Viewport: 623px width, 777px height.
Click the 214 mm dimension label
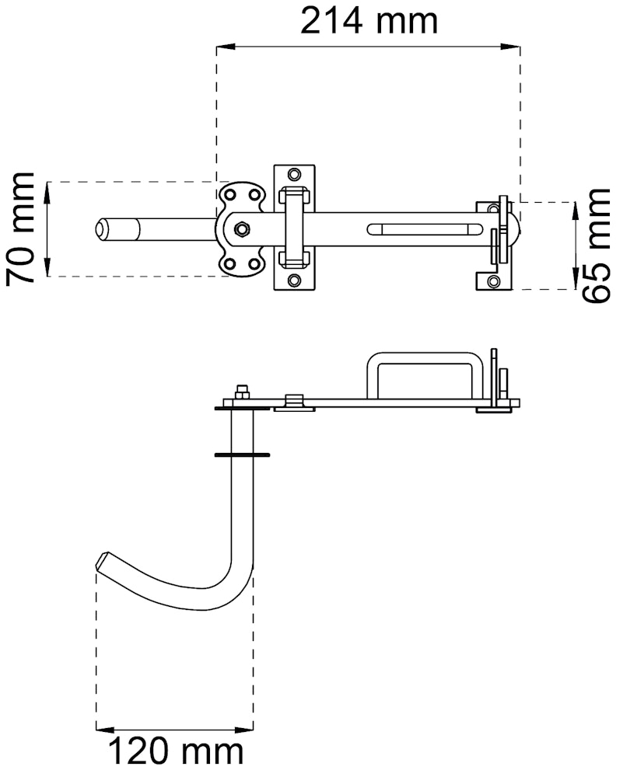tap(369, 21)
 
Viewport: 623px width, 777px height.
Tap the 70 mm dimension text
tap(20, 229)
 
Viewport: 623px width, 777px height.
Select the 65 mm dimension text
tap(596, 246)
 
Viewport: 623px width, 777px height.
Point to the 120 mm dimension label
tap(175, 751)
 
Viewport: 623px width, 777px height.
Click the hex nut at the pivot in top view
tap(242, 229)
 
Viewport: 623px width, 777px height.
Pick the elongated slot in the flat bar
tap(425, 229)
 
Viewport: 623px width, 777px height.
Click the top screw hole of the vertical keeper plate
tap(294, 174)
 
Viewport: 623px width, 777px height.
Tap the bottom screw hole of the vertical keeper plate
tap(294, 280)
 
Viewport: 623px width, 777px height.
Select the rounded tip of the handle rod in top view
tap(102, 229)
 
